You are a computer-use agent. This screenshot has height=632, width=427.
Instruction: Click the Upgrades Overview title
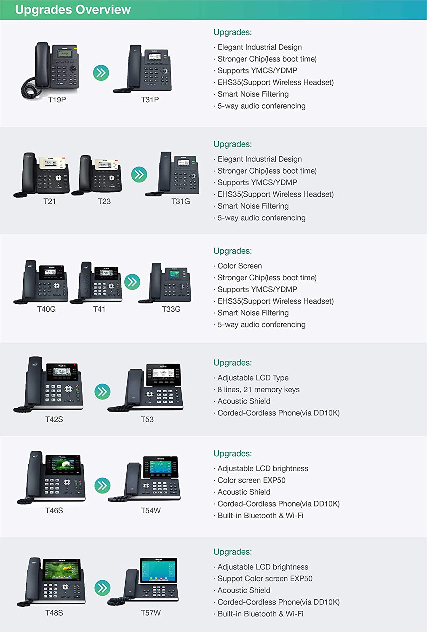coord(73,10)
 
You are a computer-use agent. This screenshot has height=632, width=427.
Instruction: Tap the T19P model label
coord(57,100)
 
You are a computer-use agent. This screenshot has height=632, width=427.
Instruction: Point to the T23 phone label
coord(104,201)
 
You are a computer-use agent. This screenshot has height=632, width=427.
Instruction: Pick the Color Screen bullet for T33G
coord(240,266)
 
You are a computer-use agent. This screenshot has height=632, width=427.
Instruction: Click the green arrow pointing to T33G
coord(132,282)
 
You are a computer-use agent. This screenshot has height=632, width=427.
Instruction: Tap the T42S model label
coord(54,419)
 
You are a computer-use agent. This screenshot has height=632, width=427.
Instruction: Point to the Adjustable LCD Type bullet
coord(253,378)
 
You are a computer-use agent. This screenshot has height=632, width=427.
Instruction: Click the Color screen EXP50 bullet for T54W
coord(252,480)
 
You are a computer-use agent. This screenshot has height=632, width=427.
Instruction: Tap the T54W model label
coord(151,510)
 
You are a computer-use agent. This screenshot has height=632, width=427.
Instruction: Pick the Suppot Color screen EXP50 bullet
coord(265,579)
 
